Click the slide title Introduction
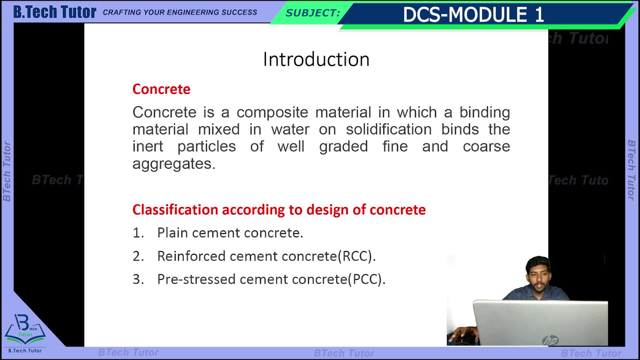pyautogui.click(x=316, y=59)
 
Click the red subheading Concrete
pyautogui.click(x=161, y=89)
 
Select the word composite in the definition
pyautogui.click(x=272, y=113)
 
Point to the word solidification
pyautogui.click(x=389, y=129)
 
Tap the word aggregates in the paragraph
pyautogui.click(x=174, y=164)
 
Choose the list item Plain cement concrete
pyautogui.click(x=230, y=233)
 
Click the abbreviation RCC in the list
pyautogui.click(x=355, y=256)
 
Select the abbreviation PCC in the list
pyautogui.click(x=365, y=279)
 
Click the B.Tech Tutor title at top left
pyautogui.click(x=55, y=12)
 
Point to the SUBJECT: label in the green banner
pyautogui.click(x=313, y=13)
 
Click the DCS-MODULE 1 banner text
pyautogui.click(x=473, y=15)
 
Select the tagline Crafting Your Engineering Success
pyautogui.click(x=180, y=12)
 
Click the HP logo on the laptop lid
pyautogui.click(x=550, y=340)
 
